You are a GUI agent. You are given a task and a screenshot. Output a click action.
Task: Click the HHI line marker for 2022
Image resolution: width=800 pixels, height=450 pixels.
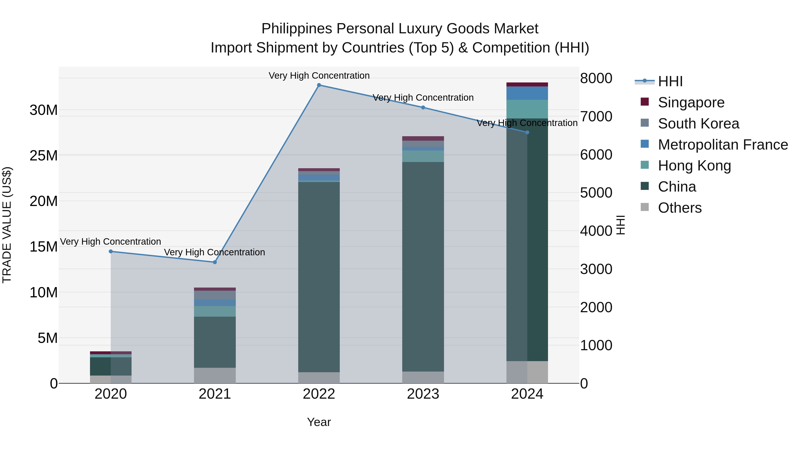click(x=319, y=85)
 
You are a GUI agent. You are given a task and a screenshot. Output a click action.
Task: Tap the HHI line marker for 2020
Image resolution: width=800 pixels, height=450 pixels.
click(x=111, y=251)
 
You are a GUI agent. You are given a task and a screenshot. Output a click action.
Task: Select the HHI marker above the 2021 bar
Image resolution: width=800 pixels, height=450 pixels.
click(x=215, y=262)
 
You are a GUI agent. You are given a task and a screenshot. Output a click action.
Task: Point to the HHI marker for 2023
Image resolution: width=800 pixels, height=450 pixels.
click(x=423, y=108)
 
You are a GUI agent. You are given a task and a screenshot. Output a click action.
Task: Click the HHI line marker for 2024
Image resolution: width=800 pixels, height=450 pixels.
click(x=527, y=132)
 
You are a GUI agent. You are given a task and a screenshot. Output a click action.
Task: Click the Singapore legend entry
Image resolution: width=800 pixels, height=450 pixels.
click(x=691, y=102)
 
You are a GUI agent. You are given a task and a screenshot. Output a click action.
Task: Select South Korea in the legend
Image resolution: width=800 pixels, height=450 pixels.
click(x=698, y=124)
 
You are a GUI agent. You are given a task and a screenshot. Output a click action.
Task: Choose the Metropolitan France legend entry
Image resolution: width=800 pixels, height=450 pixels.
click(x=723, y=145)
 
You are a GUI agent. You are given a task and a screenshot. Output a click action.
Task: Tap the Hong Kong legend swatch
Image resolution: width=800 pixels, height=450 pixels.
click(x=645, y=165)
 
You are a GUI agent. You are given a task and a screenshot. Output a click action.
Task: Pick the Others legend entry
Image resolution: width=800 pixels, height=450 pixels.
click(x=680, y=208)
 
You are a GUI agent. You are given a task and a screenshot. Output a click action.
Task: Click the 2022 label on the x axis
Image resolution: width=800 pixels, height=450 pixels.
click(x=319, y=394)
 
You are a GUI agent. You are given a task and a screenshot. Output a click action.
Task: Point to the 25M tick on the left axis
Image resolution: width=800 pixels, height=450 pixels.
click(x=44, y=156)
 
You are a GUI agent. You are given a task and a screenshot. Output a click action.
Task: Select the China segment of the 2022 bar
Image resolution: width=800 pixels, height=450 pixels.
click(x=319, y=276)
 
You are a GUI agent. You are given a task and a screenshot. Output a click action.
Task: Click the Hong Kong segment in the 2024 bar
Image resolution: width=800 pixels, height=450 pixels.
click(x=527, y=109)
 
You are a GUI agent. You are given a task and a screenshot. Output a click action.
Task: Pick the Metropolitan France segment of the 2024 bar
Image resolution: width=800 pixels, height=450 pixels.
click(x=527, y=93)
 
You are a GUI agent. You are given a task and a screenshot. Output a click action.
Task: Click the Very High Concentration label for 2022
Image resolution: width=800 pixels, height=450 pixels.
click(x=319, y=76)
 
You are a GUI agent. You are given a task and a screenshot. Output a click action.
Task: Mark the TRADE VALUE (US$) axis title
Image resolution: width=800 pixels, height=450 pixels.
click(x=7, y=225)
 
